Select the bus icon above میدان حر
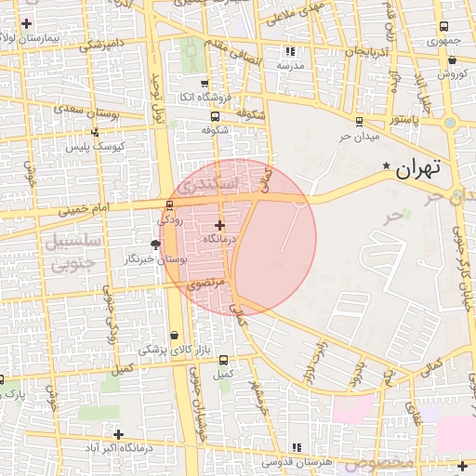tap(359, 121)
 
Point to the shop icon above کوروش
tap(452, 59)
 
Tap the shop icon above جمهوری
tap(440, 28)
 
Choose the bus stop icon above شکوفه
tap(216, 117)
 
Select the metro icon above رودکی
tap(168, 205)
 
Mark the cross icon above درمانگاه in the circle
tap(219, 225)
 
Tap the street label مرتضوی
tap(201, 286)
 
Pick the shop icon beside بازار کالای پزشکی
tap(175, 336)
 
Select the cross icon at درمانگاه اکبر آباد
tap(118, 434)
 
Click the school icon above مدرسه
tap(291, 52)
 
